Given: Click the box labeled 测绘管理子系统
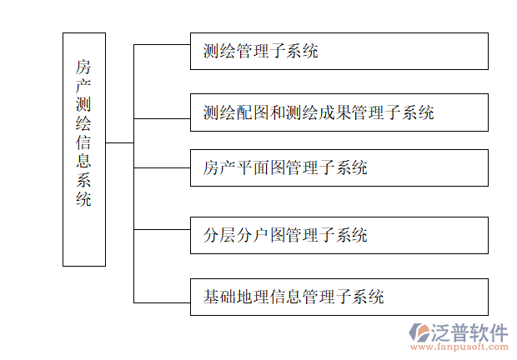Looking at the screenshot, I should click(339, 52).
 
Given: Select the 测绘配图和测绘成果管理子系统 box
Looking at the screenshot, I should click(339, 112).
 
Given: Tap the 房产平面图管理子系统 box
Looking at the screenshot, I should click(339, 167).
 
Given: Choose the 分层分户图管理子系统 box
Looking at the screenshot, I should click(339, 235).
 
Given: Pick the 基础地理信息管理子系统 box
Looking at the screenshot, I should click(339, 296).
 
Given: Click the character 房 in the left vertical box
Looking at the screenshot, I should click(83, 66).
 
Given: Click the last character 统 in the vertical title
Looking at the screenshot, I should click(83, 200).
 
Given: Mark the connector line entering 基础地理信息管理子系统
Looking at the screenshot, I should click(162, 302).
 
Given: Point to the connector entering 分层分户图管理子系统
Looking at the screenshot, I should click(162, 229).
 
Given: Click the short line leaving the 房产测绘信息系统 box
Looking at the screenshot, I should click(119, 142).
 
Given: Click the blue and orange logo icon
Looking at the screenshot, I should click(419, 335).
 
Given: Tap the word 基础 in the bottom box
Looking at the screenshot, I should click(217, 296).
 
